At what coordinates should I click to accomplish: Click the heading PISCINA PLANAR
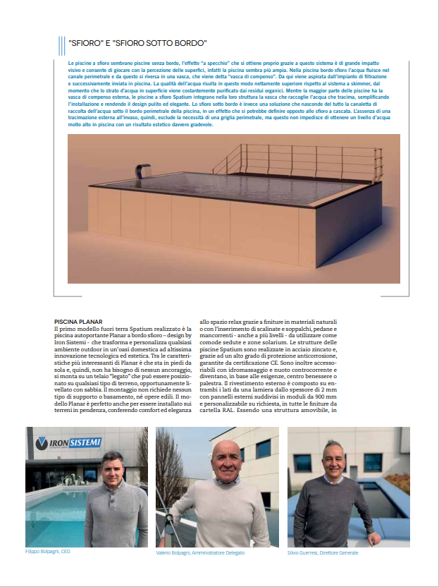(78, 321)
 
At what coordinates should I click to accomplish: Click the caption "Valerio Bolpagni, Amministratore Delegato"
(202, 553)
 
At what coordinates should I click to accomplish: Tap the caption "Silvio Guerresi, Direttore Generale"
(323, 553)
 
